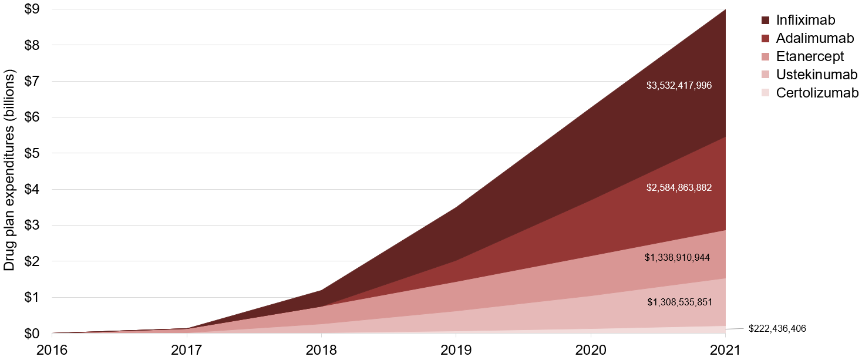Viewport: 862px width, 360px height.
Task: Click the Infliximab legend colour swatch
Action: [x=765, y=21]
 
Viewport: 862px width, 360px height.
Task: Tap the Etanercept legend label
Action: [x=810, y=57]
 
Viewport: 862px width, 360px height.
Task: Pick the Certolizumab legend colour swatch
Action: [x=765, y=93]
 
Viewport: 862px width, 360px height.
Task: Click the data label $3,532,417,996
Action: [x=679, y=86]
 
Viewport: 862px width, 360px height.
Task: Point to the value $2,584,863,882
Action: [x=679, y=188]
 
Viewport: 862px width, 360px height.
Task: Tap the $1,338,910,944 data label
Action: [x=677, y=257]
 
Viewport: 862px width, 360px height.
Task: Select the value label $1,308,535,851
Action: [x=679, y=302]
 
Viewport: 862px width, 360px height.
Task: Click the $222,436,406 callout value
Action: [x=777, y=329]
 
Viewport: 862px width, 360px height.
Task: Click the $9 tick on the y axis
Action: [x=31, y=9]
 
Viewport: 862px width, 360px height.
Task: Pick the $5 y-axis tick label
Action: [x=31, y=153]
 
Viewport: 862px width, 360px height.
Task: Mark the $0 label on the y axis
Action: [x=31, y=334]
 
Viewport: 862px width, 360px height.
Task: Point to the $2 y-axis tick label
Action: [x=31, y=261]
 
